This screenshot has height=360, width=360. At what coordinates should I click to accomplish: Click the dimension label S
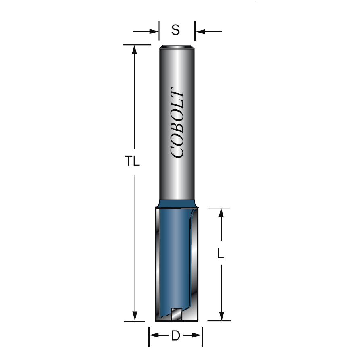pos(175,30)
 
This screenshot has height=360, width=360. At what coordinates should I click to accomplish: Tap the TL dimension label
pos(132,161)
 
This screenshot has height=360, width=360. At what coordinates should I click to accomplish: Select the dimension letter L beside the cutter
pos(221,254)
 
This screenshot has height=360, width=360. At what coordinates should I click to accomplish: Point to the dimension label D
pos(175,335)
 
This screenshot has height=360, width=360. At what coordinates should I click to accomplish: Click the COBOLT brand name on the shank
pos(177,123)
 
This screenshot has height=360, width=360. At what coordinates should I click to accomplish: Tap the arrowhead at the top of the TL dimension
pos(135,49)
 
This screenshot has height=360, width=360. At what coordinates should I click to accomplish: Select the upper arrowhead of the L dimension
pos(221,213)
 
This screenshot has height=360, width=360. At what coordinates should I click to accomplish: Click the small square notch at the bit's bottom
pos(176,314)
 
